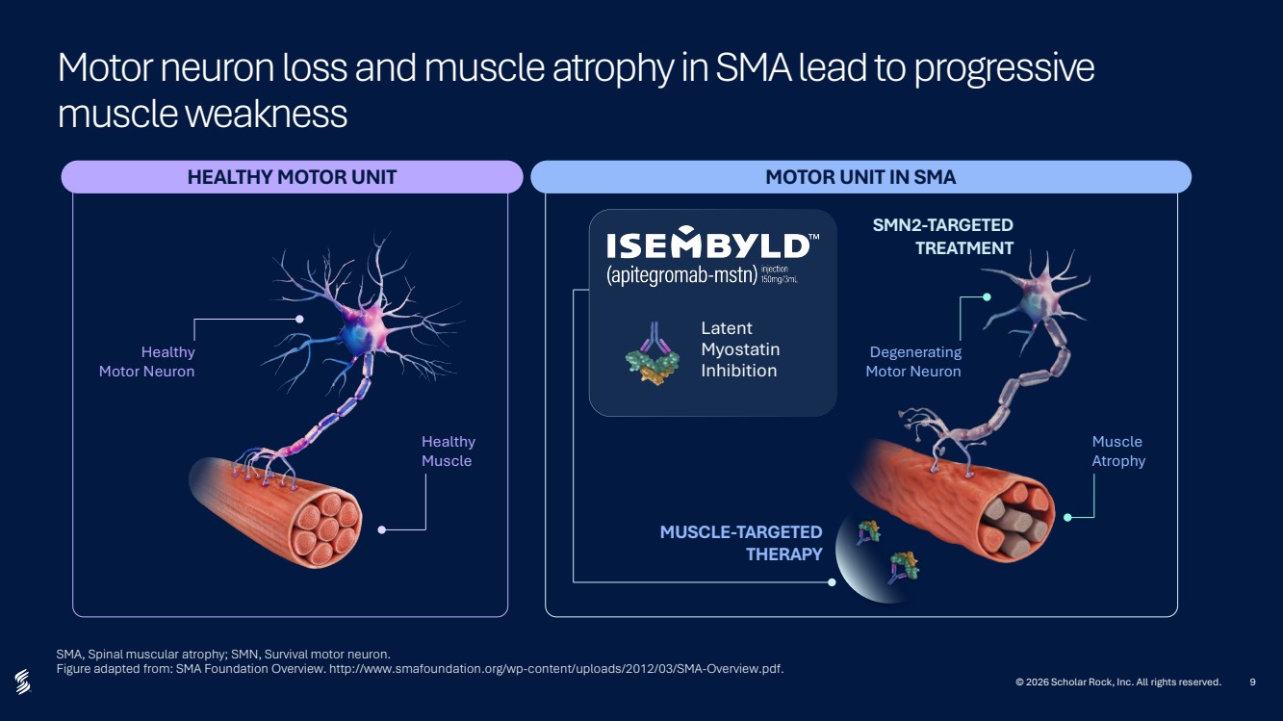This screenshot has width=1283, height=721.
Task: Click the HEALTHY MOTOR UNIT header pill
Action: click(x=292, y=177)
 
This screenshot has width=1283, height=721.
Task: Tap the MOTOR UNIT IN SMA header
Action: click(x=860, y=177)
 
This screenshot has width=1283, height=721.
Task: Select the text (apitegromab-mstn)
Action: click(x=681, y=275)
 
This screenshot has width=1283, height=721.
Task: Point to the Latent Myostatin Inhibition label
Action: click(x=740, y=349)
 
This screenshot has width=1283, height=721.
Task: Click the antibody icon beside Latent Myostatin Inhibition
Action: click(x=653, y=353)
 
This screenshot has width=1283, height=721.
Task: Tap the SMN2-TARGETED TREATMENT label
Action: click(x=943, y=237)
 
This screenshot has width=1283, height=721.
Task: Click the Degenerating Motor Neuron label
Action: click(x=913, y=361)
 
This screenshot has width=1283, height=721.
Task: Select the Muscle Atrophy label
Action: click(x=1118, y=451)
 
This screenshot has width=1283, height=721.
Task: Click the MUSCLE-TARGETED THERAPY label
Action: click(x=741, y=543)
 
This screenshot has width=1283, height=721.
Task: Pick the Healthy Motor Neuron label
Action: click(x=147, y=361)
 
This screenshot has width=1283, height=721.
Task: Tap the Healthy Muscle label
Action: click(x=448, y=451)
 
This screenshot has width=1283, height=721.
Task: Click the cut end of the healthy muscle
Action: click(x=326, y=529)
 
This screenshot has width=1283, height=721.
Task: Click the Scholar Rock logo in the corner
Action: click(x=23, y=682)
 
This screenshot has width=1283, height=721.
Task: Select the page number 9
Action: click(x=1252, y=682)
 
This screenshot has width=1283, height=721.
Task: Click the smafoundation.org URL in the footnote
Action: click(x=555, y=669)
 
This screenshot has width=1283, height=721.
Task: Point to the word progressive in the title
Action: click(x=1004, y=68)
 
